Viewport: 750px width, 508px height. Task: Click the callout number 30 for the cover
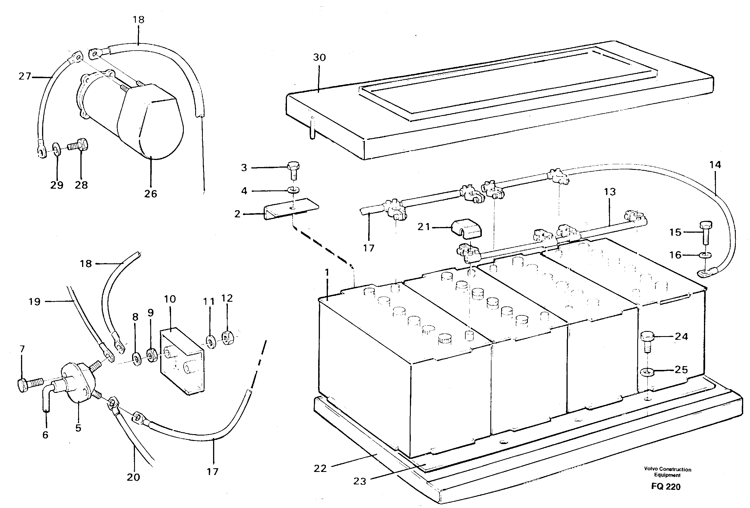click(319, 57)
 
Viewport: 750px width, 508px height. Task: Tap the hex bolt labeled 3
click(293, 170)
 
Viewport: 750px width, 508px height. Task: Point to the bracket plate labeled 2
click(290, 209)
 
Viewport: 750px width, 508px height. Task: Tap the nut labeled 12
click(226, 338)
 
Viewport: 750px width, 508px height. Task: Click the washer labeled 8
click(137, 359)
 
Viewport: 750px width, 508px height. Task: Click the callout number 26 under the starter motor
click(150, 194)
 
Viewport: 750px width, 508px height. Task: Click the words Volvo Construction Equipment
click(667, 472)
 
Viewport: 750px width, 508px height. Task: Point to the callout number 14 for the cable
click(715, 165)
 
